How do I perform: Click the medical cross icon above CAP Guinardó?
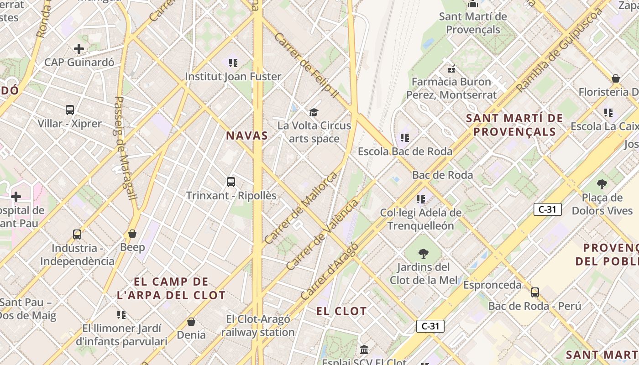click(79, 48)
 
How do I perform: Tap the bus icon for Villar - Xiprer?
click(70, 109)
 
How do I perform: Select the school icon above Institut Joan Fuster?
click(233, 63)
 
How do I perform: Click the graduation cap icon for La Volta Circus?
click(314, 112)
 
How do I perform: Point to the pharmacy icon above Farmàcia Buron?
click(451, 69)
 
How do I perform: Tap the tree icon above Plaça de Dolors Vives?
click(602, 184)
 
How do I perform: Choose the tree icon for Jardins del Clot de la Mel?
click(424, 254)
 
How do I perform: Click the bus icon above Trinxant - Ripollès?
click(231, 182)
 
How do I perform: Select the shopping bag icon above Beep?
click(132, 234)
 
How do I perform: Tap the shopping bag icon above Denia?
click(191, 322)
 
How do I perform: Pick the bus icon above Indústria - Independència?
click(77, 235)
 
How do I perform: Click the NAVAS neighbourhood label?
click(247, 136)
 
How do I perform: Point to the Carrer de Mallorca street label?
click(301, 208)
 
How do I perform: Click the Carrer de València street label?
click(323, 235)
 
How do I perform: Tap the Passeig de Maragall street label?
click(125, 148)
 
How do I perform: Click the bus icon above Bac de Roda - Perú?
click(535, 292)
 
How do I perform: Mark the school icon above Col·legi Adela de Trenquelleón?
click(421, 199)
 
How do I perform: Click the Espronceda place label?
click(492, 285)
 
